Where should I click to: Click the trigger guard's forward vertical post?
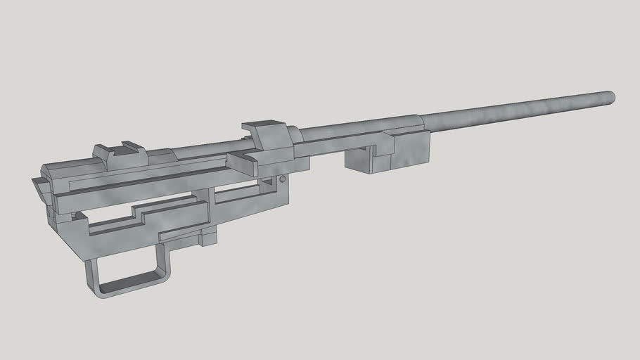pyautogui.click(x=164, y=260)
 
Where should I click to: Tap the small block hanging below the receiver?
pyautogui.click(x=207, y=236)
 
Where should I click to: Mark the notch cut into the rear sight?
pyautogui.click(x=129, y=146)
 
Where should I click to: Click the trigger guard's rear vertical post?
pyautogui.click(x=91, y=274)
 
